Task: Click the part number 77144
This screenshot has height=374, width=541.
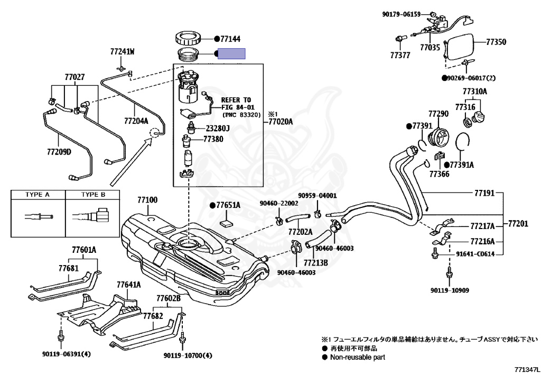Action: [x=230, y=39]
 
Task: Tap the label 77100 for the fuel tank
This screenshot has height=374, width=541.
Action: [x=147, y=200]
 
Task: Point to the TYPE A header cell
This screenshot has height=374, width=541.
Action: [x=38, y=195]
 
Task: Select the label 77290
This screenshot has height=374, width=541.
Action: [x=438, y=114]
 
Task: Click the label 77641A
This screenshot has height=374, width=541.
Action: [x=128, y=285]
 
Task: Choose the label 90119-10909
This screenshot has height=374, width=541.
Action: [x=449, y=290]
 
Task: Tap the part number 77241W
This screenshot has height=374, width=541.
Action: [x=122, y=52]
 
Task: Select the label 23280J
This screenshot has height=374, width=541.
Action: [x=218, y=128]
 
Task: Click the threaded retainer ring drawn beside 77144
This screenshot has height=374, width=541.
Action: [x=188, y=39]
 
